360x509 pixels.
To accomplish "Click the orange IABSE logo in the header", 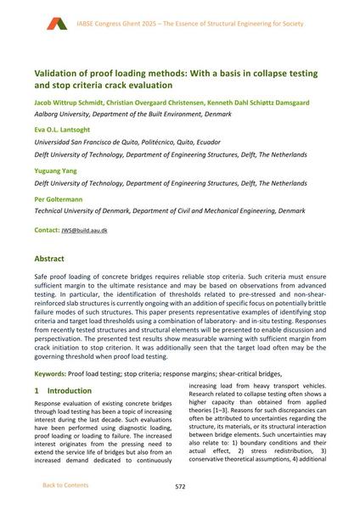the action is pos(57,24).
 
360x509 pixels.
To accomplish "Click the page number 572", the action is pos(180,487).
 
